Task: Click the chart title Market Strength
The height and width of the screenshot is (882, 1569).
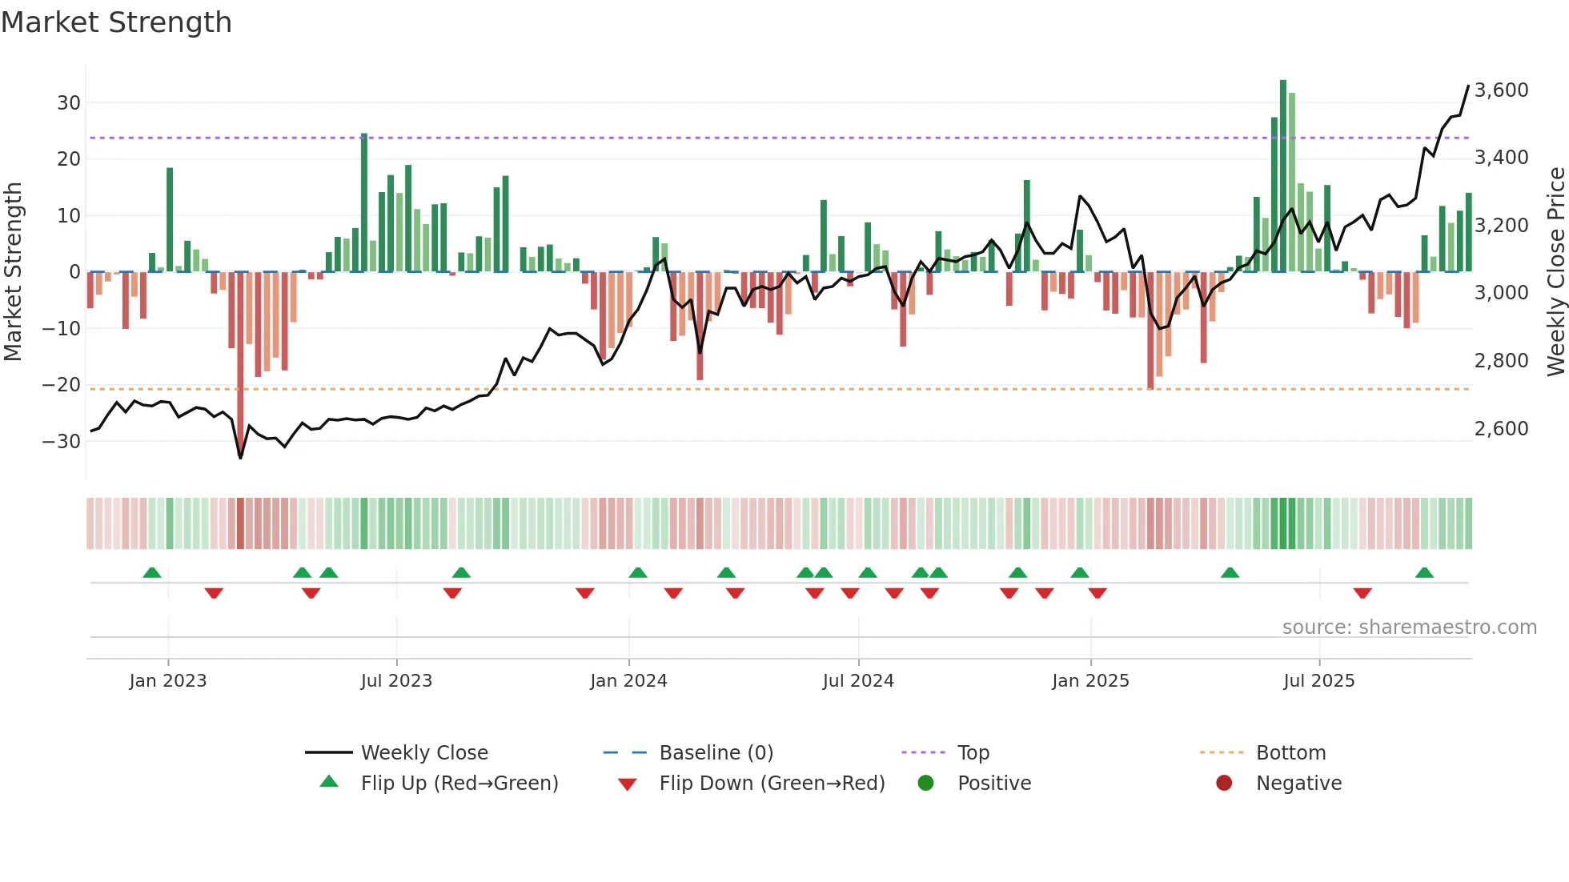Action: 116,22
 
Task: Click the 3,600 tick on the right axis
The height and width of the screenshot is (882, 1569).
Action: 1501,90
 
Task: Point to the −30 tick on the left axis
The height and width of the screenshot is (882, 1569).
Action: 62,441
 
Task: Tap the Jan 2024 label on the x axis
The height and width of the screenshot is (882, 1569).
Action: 628,681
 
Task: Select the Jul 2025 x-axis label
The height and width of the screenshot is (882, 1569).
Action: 1318,681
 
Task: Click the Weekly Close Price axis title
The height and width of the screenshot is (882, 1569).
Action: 1555,271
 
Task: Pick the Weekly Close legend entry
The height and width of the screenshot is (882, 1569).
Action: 423,753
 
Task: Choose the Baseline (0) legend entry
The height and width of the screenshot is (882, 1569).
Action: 716,753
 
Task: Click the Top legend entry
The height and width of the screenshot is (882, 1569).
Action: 973,753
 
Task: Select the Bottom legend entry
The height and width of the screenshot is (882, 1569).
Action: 1290,753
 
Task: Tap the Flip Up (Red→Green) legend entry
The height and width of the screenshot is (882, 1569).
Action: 459,784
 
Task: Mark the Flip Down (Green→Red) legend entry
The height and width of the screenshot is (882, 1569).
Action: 772,784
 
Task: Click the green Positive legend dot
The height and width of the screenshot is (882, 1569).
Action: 926,784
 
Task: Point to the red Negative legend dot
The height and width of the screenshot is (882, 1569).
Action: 1224,784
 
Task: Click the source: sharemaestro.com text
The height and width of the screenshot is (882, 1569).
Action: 1409,627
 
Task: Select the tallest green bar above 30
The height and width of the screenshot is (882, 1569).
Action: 1283,176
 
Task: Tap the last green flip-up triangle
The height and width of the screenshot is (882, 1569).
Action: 1424,573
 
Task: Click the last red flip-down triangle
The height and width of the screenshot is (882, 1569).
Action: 1362,593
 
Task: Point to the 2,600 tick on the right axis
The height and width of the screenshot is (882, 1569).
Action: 1501,429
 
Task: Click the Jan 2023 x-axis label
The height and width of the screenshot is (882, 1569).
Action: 168,681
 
